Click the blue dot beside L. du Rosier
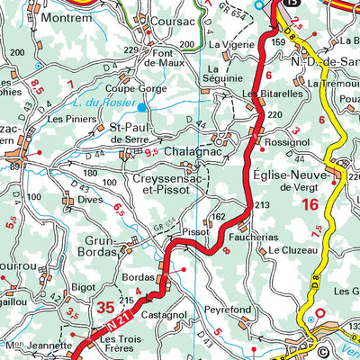141,106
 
